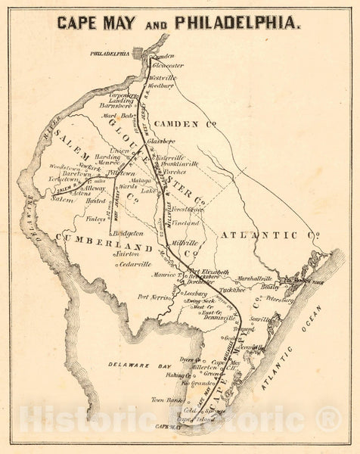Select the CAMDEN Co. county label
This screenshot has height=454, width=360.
point(185,123)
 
